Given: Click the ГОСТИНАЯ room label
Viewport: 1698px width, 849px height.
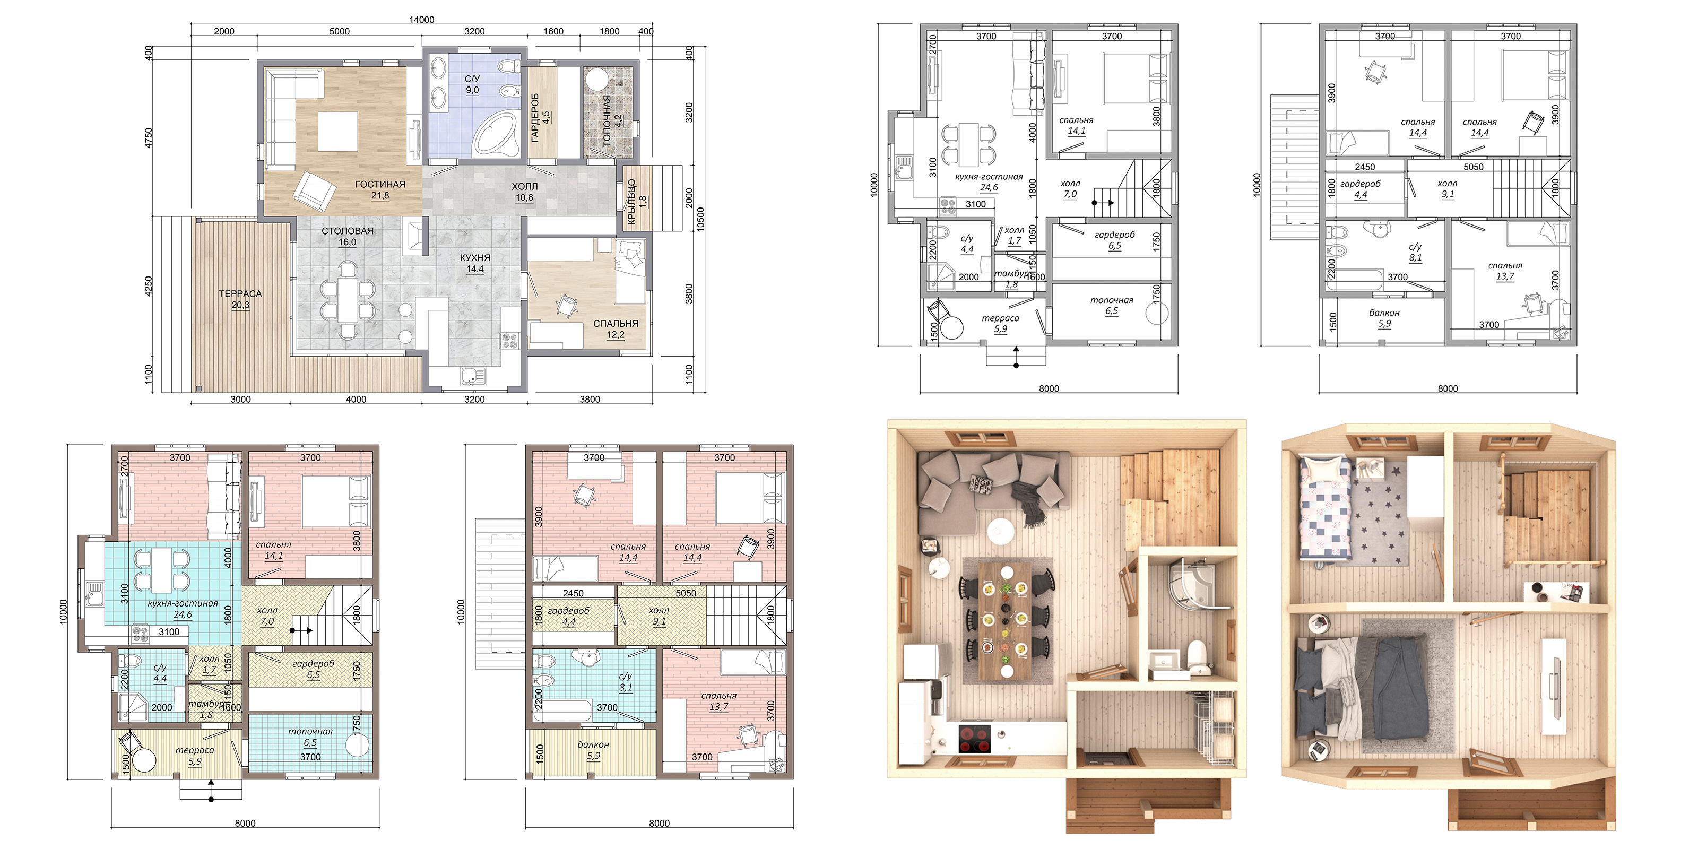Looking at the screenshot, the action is tap(380, 185).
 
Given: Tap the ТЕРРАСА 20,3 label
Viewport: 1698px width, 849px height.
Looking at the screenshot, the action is tap(240, 299).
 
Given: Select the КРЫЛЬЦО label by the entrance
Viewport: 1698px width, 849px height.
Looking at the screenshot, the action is tap(631, 202).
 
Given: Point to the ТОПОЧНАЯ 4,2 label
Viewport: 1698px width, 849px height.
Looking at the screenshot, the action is tap(612, 120).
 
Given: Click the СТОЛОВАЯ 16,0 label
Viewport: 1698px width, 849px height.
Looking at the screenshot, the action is tap(348, 237).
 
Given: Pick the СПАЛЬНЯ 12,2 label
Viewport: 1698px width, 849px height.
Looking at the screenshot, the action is tap(616, 329).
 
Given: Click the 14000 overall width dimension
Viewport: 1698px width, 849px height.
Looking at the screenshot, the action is tap(422, 19).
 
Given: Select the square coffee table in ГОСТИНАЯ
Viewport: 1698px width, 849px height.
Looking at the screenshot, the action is tap(338, 131).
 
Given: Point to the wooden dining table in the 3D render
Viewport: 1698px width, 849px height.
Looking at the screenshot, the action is tap(1004, 620).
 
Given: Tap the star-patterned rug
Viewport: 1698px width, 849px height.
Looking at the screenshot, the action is tap(1380, 516).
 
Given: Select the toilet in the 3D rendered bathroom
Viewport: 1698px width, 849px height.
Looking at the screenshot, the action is tap(1197, 655).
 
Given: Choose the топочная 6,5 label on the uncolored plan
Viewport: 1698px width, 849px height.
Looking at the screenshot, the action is tap(1112, 306).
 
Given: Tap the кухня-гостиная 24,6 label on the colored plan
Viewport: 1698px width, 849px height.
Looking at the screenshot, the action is tap(183, 609).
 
